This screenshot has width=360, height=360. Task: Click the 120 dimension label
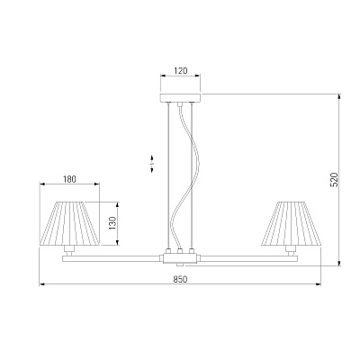(180, 71)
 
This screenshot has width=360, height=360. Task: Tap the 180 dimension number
(69, 179)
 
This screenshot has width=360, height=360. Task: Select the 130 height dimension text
(112, 223)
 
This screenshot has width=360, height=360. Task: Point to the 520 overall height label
(334, 180)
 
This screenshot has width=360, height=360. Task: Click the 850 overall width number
(180, 279)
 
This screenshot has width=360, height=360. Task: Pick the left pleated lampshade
(69, 223)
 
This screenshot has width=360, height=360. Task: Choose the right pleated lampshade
(291, 223)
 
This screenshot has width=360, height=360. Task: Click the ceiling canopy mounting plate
(180, 98)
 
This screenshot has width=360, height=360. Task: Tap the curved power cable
(183, 177)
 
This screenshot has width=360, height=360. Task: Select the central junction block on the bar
(180, 258)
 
